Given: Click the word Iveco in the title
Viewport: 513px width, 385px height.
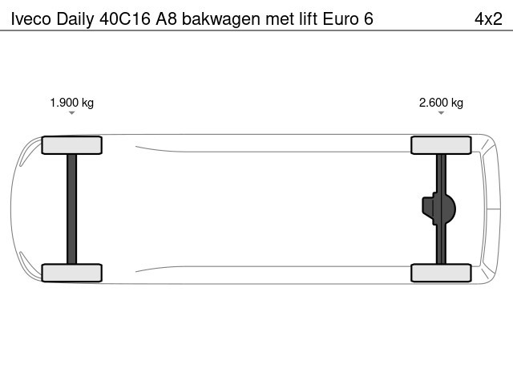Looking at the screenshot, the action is click(31, 19).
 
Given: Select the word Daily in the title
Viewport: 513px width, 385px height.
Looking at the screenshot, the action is click(75, 19).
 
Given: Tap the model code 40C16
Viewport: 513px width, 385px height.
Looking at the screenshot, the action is click(125, 19).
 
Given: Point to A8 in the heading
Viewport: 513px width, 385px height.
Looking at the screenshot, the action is click(166, 19).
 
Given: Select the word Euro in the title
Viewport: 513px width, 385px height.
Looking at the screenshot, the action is click(341, 19).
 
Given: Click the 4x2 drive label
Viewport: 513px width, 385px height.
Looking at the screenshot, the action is click(488, 19).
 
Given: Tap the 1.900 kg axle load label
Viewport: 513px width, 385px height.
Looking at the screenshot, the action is click(72, 103).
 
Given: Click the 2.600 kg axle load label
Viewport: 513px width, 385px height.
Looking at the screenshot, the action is click(441, 103).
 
